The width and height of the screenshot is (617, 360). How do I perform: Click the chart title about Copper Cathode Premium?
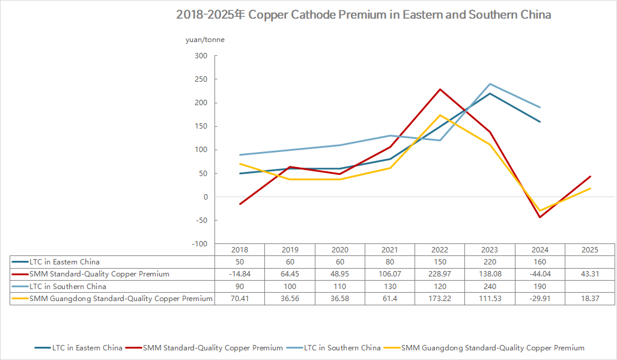click(363, 15)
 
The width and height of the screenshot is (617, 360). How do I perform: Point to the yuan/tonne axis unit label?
click(205, 40)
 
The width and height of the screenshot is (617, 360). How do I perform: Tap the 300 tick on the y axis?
click(201, 56)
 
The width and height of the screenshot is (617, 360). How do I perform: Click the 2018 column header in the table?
click(239, 250)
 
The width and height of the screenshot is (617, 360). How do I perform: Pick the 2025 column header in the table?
click(590, 250)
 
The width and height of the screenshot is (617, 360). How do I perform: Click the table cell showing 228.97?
click(440, 274)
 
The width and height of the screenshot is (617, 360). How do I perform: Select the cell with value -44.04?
click(539, 274)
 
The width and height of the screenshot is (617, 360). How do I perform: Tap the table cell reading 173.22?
click(440, 299)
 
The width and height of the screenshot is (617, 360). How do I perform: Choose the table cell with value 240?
click(490, 287)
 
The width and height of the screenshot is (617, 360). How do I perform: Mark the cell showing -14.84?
click(239, 274)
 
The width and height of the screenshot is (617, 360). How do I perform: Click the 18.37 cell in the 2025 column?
click(590, 299)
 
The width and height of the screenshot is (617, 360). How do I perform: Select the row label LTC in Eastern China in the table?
click(65, 262)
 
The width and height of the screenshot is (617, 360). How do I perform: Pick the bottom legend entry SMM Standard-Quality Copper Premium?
click(213, 347)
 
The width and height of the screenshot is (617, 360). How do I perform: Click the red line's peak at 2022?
click(440, 90)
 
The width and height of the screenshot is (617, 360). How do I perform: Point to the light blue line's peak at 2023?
click(490, 84)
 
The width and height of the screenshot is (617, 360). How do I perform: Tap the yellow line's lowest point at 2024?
click(539, 211)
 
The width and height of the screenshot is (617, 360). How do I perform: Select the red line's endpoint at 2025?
click(591, 177)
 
